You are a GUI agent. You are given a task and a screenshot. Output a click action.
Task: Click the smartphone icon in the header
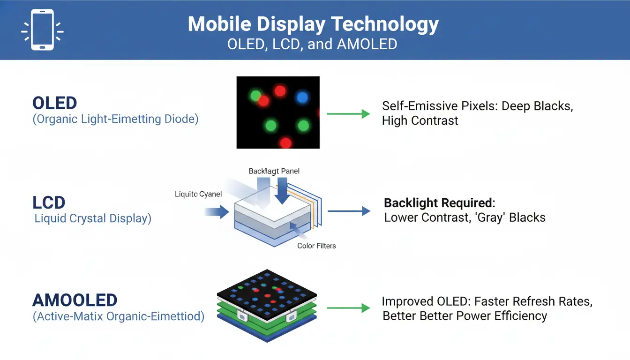tap(42, 30)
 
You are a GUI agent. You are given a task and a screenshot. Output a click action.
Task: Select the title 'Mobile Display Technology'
tap(313, 24)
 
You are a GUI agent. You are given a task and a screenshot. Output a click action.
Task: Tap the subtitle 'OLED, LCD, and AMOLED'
tap(312, 44)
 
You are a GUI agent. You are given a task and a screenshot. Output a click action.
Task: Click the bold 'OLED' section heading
tap(55, 103)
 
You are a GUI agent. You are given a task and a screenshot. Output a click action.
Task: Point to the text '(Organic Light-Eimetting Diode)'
tap(115, 119)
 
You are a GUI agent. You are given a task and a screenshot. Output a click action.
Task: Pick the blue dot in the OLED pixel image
tap(302, 97)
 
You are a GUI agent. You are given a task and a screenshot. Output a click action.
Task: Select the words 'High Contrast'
tap(420, 121)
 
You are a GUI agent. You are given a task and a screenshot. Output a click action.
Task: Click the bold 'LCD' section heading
tap(49, 202)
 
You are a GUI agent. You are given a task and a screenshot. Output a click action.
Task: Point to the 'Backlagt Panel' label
tap(274, 171)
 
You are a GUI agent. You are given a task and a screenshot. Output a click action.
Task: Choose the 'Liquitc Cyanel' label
tap(198, 194)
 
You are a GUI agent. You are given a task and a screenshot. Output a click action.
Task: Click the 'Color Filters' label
tap(316, 246)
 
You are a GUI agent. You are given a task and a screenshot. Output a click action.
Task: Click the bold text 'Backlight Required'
tap(439, 203)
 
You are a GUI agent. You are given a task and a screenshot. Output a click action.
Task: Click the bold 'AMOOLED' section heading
tap(75, 300)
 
